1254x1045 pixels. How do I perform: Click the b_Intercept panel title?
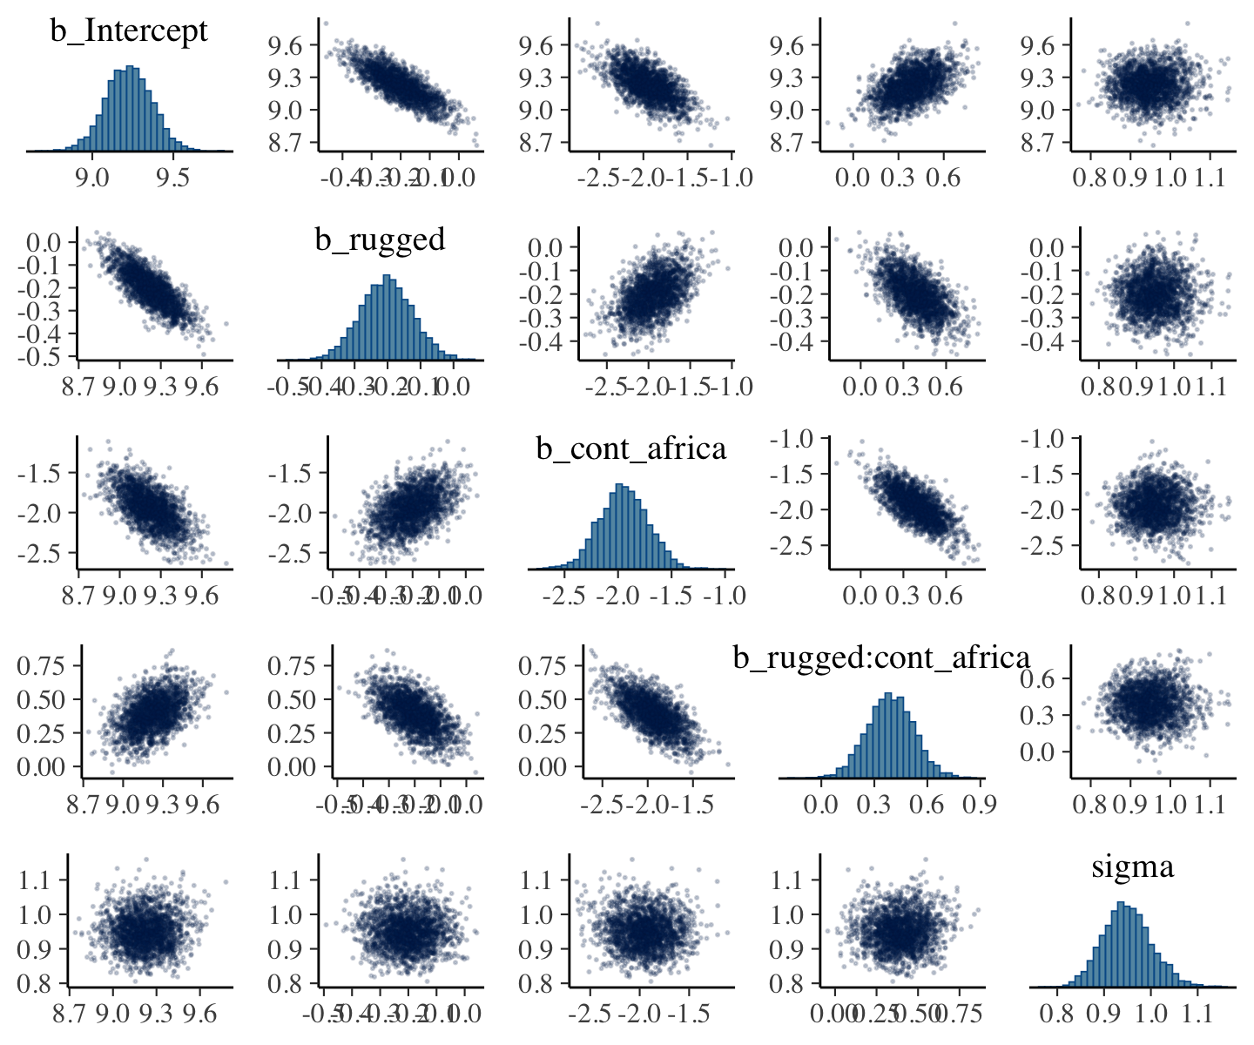coord(129,31)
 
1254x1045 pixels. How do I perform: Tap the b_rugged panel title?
coord(380,239)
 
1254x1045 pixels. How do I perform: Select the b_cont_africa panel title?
coord(630,448)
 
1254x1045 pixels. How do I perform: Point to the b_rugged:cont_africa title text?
coord(881,657)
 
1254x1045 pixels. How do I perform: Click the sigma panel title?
coord(1132,866)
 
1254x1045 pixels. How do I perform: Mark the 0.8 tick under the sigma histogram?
coord(1058,1014)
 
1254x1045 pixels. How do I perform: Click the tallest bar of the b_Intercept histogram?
coord(130,108)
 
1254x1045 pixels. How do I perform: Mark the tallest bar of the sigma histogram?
coord(1121,944)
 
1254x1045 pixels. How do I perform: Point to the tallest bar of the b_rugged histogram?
coord(388,318)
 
